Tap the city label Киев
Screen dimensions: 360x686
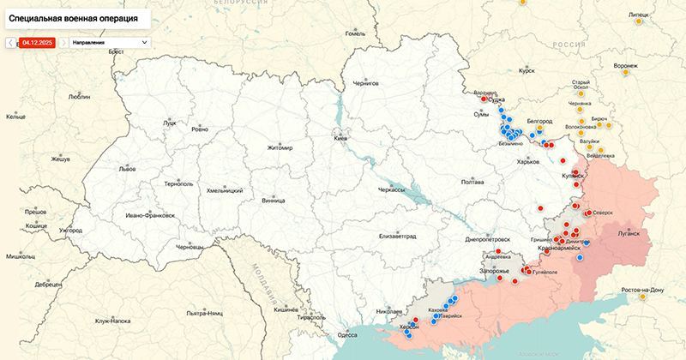[340, 138]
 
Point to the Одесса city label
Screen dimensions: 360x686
[346, 335]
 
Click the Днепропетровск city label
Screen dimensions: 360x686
[488, 239]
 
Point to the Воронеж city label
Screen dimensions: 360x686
[626, 66]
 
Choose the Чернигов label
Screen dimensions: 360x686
[360, 84]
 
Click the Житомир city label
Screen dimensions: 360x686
[280, 147]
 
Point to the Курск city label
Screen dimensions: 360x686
[527, 72]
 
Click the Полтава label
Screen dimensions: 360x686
[472, 182]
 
